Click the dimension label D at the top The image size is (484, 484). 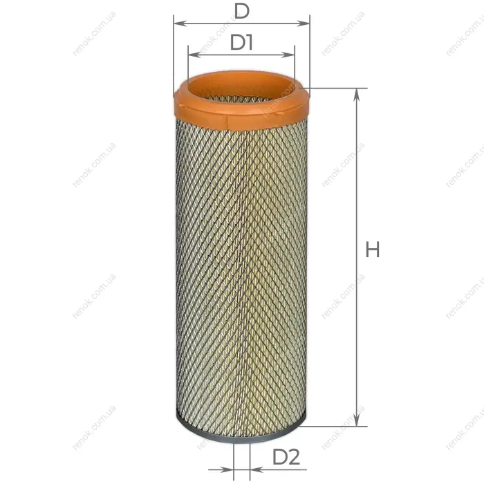241,12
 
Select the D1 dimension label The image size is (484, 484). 241,42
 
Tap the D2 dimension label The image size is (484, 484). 286,457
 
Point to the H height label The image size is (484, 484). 372,250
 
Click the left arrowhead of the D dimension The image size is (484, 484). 180,24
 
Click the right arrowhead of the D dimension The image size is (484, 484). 303,24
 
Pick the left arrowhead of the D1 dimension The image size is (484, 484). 195,55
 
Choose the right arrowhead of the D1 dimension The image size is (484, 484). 288,55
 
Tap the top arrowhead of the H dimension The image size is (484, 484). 357,95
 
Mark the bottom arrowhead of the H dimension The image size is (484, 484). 357,420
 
